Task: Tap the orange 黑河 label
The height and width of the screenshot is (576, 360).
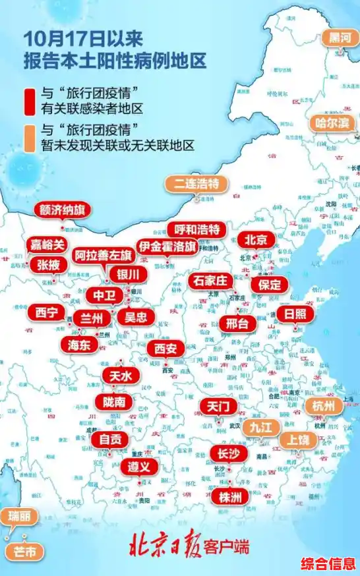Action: (341, 37)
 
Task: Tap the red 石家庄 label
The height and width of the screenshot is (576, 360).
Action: (209, 281)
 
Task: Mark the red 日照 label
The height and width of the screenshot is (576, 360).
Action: (294, 313)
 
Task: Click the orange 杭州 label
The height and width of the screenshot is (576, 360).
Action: (324, 406)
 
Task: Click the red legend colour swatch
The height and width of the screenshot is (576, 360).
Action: (28, 101)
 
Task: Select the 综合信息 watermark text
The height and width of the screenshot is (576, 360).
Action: (328, 564)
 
